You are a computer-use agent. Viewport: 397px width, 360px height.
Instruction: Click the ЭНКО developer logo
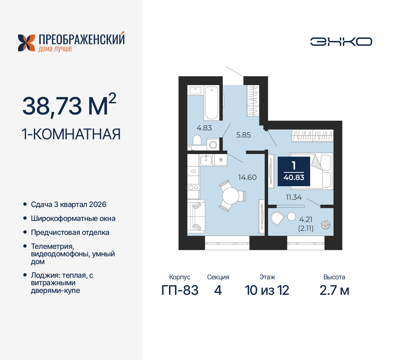point(341,42)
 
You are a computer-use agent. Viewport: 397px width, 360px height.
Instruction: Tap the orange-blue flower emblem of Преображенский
point(26,43)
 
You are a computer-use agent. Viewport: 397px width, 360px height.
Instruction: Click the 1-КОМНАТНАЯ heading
point(71,134)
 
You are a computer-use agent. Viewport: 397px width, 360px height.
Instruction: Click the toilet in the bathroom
point(197,140)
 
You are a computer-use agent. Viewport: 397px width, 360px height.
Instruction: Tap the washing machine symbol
point(213,145)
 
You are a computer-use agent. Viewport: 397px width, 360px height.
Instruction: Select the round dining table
point(230,196)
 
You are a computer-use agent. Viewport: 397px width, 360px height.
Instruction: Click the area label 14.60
point(247,178)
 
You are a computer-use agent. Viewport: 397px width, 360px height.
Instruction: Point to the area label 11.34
point(293,197)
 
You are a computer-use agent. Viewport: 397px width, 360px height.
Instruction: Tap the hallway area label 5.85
point(243,135)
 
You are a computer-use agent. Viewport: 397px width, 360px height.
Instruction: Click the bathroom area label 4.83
point(204,128)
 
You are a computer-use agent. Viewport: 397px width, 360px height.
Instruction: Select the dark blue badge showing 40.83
point(294,171)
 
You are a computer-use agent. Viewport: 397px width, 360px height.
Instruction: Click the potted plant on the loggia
point(326,225)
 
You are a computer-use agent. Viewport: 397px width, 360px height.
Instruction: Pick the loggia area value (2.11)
point(306,229)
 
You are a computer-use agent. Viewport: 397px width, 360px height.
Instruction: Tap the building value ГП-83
point(180,290)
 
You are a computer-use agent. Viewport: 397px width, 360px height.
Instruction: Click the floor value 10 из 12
point(267,290)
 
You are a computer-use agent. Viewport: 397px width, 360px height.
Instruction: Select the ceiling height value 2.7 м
point(334,290)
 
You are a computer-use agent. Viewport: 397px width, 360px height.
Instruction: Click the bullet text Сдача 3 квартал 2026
point(69,205)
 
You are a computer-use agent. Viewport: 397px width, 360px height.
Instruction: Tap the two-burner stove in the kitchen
point(193,187)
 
